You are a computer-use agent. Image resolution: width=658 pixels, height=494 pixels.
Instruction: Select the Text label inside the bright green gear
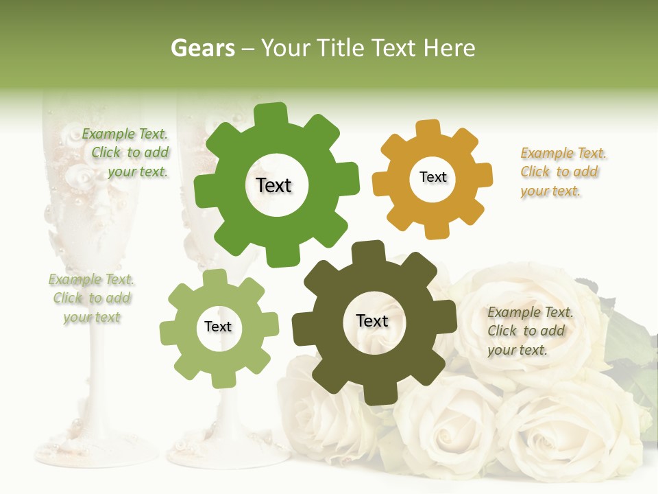273,185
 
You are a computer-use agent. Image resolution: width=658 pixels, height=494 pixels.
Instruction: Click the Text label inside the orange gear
432,177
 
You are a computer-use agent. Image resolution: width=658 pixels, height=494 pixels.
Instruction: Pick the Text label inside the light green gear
218,327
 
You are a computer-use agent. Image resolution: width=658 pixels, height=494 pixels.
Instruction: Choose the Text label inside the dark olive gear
372,320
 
